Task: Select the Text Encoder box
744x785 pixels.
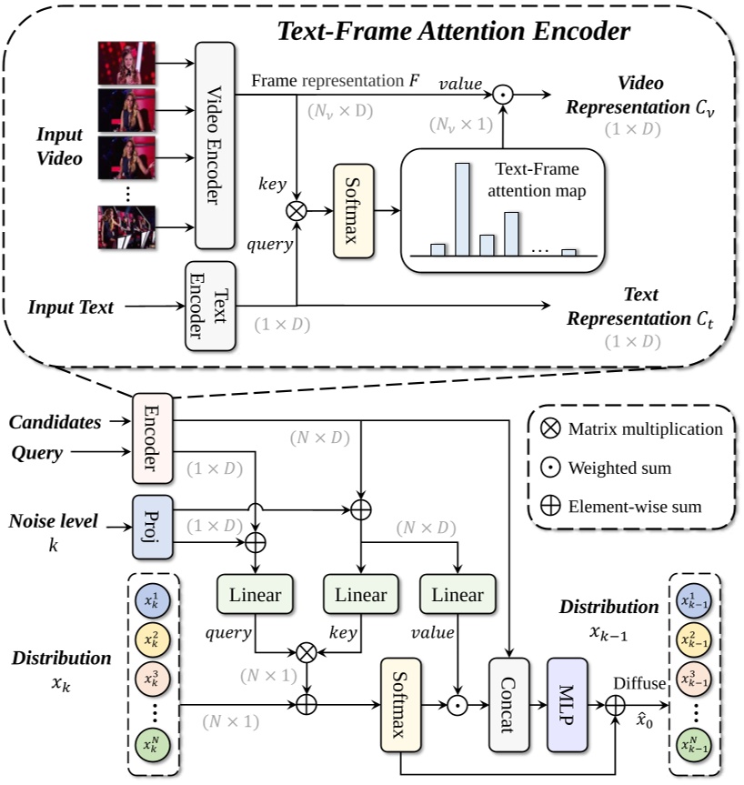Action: (x=210, y=307)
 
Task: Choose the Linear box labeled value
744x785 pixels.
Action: (x=457, y=595)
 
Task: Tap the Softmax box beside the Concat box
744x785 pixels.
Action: (x=402, y=705)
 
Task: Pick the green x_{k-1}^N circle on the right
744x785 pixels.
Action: (x=697, y=746)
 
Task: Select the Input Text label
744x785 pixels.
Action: (x=71, y=307)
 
